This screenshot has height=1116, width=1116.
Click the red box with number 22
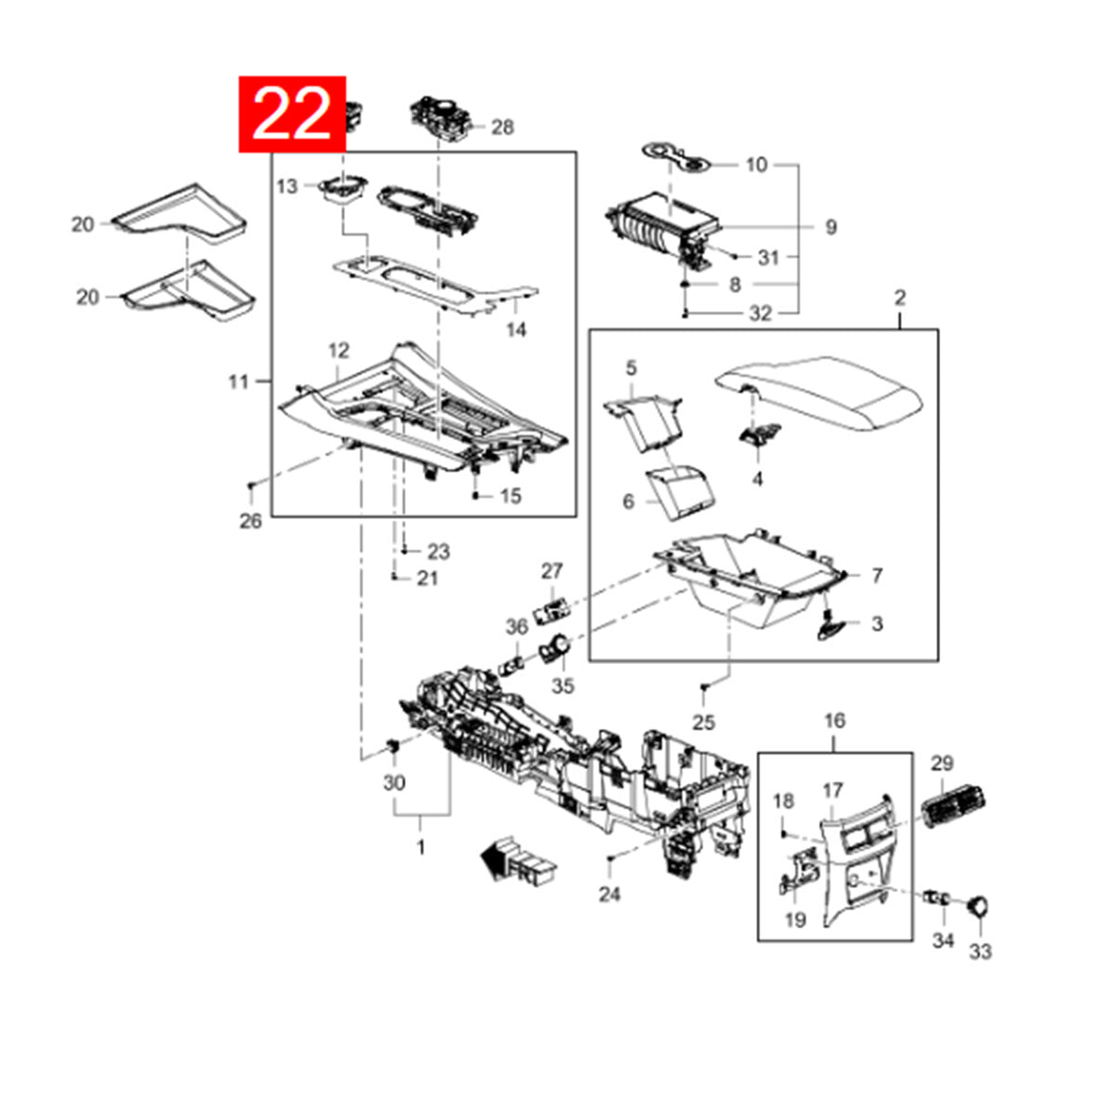click(292, 114)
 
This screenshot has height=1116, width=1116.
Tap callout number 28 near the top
click(502, 127)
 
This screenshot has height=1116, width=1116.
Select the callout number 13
click(286, 187)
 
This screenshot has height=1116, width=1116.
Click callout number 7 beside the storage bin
click(877, 575)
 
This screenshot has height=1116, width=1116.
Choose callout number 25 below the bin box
click(704, 723)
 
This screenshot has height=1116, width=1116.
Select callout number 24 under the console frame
click(610, 895)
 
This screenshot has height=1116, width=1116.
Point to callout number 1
click(421, 847)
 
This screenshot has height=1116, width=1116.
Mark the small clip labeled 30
click(393, 745)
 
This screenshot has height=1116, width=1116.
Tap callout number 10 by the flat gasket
click(756, 165)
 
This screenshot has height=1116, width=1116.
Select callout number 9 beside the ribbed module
click(831, 227)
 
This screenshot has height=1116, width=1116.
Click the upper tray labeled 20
click(179, 216)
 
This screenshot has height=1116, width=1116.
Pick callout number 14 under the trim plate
click(516, 329)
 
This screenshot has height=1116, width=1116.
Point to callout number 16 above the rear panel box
click(834, 721)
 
